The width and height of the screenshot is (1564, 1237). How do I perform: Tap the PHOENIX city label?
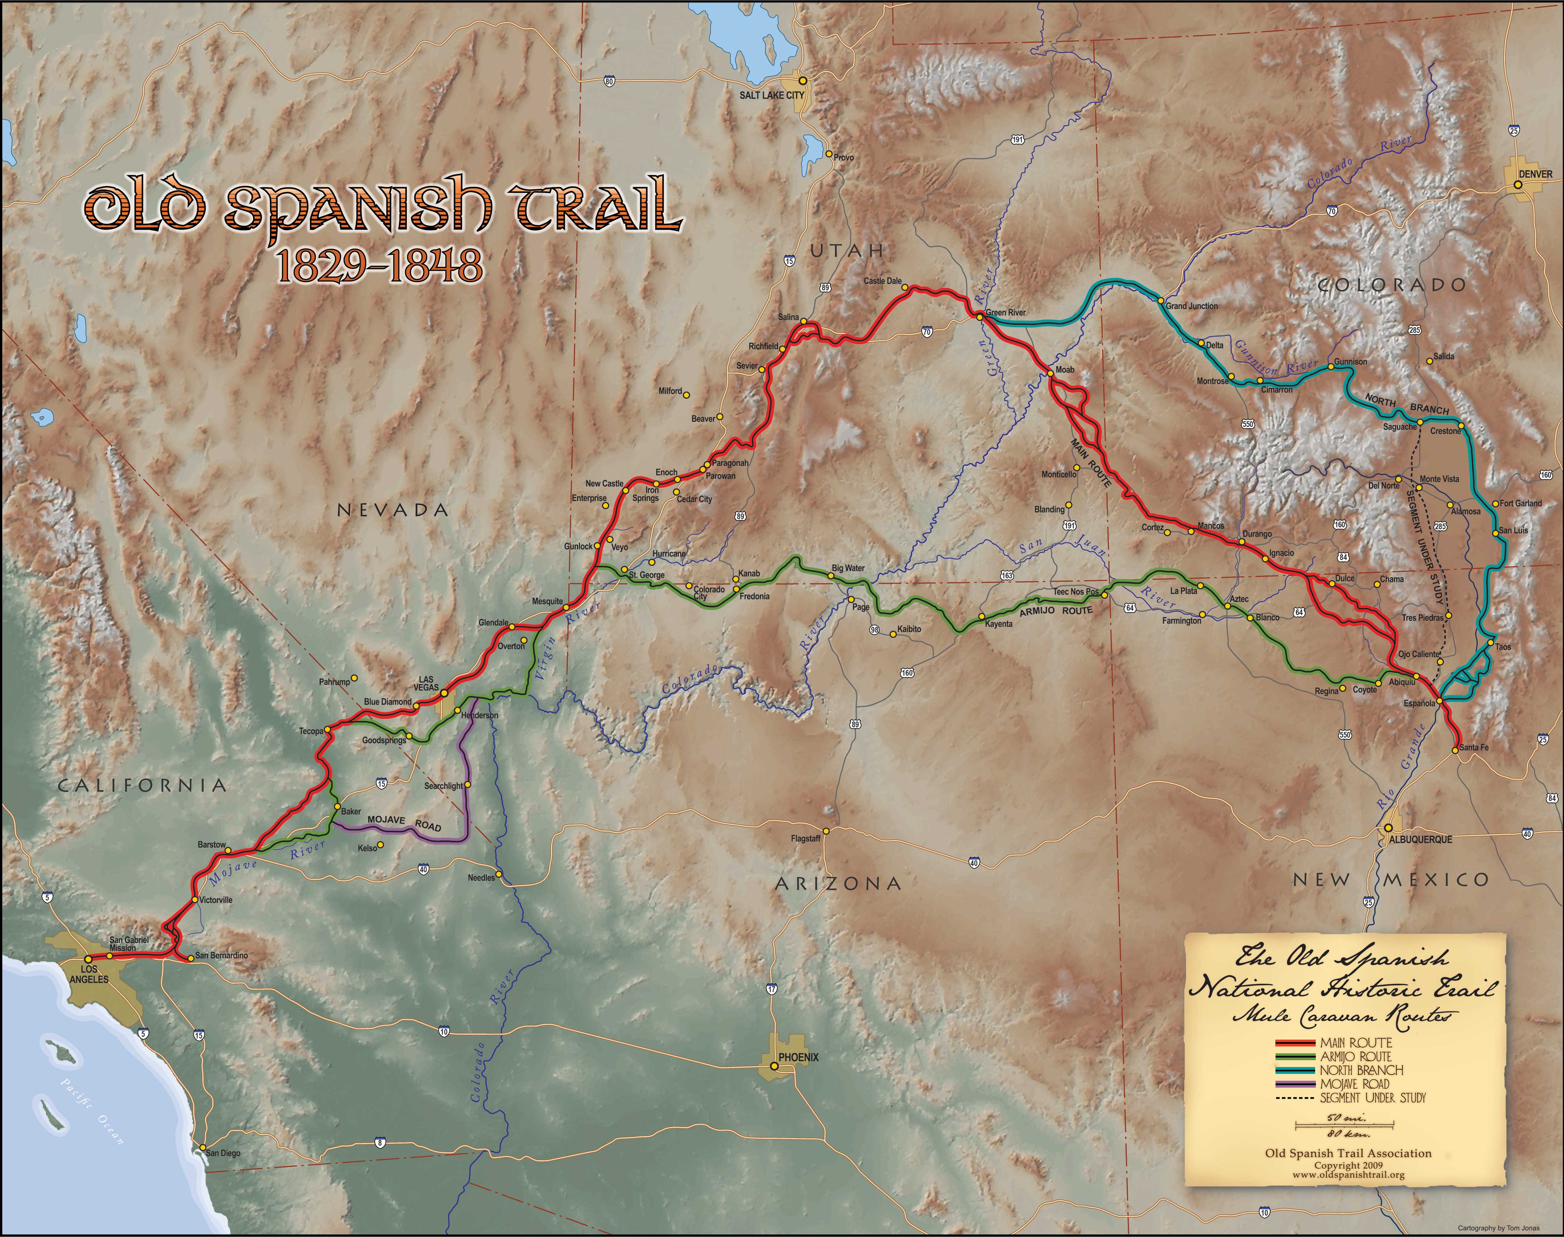coord(798,1057)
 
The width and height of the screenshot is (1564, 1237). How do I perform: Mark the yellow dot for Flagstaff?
coord(825,831)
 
